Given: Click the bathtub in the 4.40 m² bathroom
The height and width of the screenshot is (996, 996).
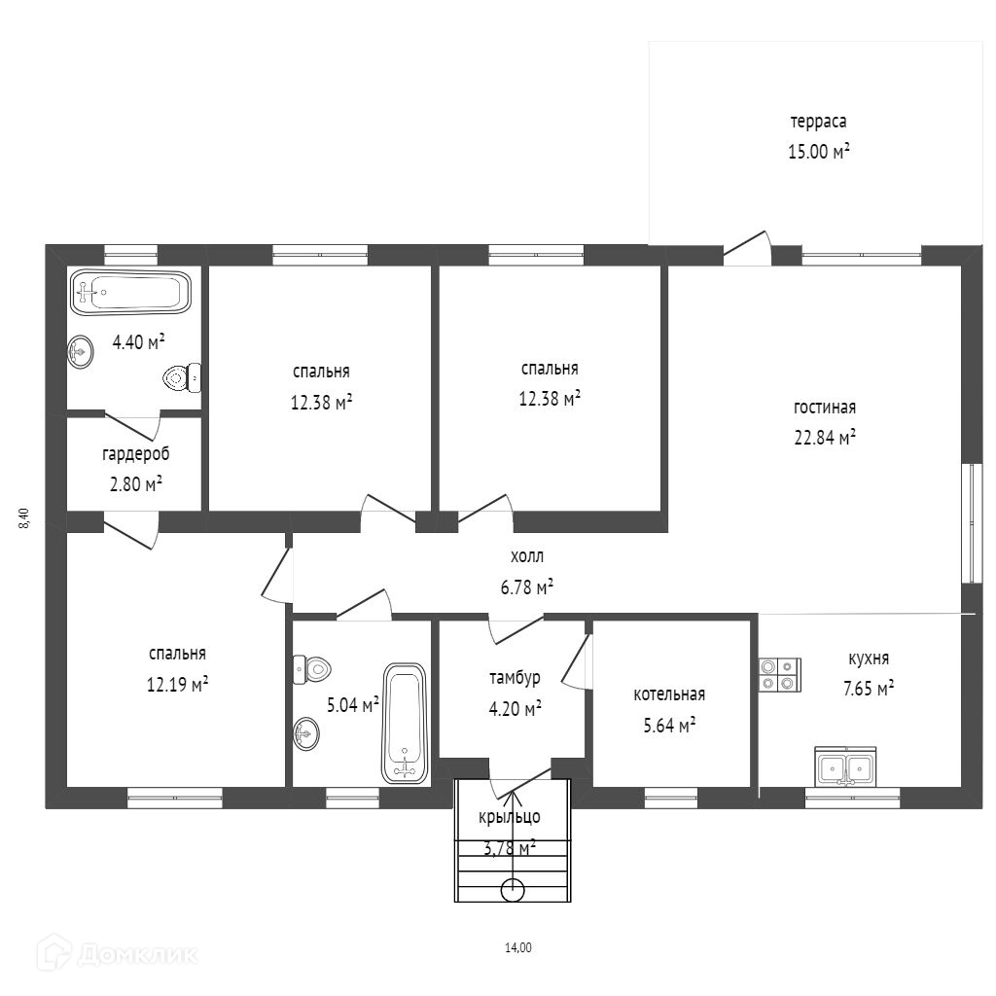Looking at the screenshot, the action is point(130,292).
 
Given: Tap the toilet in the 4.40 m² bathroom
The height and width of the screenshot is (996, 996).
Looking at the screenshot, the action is point(182,378).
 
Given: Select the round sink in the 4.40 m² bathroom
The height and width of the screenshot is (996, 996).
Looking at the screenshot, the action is point(81,351).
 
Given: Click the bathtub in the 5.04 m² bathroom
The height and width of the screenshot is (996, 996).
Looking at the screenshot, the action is point(404,724).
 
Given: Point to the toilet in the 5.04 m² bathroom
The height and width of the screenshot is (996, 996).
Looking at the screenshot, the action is point(312,669).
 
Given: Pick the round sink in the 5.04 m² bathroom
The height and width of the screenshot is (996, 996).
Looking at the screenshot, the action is point(306,734).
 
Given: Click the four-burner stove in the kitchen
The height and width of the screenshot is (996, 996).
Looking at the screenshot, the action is point(780,675).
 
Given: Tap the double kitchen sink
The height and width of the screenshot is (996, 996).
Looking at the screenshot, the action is point(845,768).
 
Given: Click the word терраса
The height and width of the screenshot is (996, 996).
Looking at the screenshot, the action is point(818,122).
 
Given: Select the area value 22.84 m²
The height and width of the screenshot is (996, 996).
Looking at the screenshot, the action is point(825,437).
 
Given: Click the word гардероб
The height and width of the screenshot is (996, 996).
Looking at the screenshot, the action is point(136,455).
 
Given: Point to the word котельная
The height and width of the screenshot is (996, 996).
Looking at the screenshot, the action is point(669,694).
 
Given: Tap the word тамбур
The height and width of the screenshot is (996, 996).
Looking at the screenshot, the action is point(515,678).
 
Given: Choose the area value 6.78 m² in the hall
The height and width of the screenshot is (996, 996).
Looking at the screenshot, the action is point(526,587).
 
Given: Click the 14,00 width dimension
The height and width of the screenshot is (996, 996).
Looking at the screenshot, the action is point(518,947).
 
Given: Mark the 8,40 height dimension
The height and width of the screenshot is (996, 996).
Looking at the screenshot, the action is point(24,518).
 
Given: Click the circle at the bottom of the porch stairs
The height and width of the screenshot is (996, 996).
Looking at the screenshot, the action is point(513,890).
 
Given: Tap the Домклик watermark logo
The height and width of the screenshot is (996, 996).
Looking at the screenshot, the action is point(117,953).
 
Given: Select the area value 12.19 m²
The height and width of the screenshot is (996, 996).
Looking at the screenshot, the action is point(177,685).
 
